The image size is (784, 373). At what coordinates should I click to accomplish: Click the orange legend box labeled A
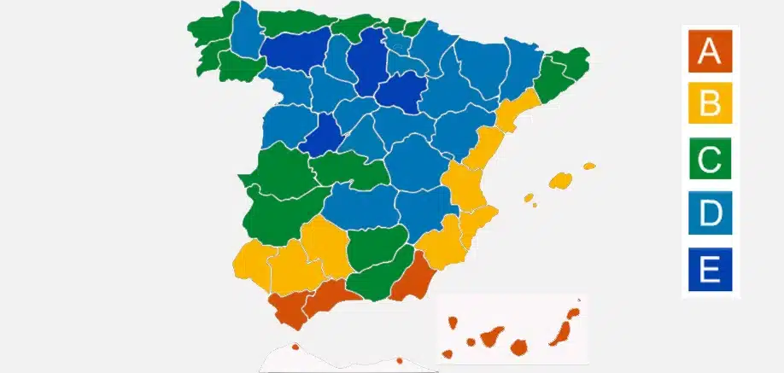coord(709,50)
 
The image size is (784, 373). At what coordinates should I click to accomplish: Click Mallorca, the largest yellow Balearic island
coord(561,180)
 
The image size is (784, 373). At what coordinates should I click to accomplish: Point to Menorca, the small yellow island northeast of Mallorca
coord(589,166)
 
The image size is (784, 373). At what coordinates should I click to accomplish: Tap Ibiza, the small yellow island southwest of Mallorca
coord(529,199)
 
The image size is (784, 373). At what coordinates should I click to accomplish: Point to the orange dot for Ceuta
coord(295,347)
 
